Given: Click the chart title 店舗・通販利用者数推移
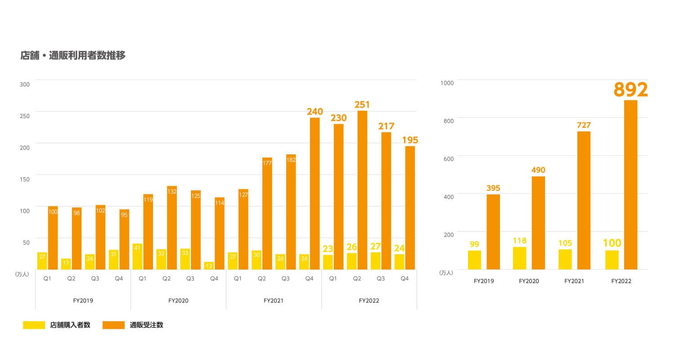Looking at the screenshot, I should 73,55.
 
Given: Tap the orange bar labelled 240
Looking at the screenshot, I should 315,193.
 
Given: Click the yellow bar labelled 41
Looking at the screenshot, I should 137,256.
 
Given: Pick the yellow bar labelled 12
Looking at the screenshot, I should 209,265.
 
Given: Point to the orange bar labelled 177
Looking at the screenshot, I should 267,214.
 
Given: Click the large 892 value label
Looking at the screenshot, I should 630,90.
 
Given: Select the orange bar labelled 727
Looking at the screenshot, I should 584,200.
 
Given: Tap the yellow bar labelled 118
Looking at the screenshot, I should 519,258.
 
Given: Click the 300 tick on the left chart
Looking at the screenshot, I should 25,84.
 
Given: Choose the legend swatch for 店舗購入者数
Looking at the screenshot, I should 34,325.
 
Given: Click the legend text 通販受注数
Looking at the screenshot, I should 146,325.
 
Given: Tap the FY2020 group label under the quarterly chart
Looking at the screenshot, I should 178,301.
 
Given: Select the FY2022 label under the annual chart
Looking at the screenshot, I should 621,281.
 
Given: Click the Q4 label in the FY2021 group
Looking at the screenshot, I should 309,279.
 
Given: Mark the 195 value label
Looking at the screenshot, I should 410,139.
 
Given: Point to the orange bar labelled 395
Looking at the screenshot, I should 493,232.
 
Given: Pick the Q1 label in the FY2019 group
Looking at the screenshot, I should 47,279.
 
